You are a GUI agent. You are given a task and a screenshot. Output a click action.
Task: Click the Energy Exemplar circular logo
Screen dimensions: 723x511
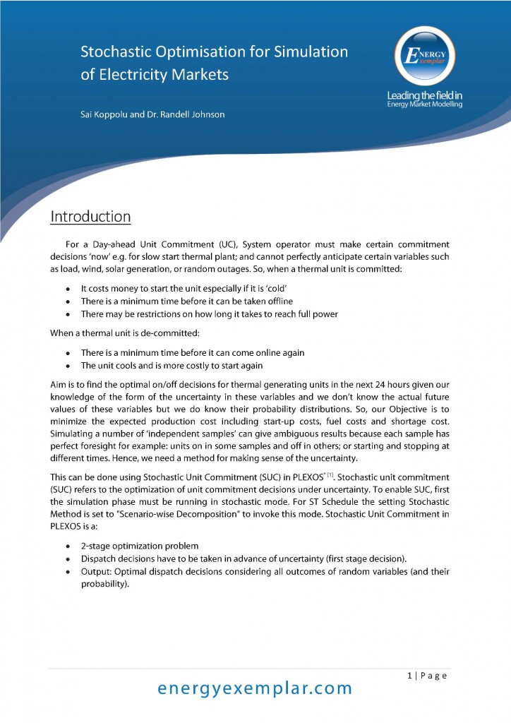(x=424, y=57)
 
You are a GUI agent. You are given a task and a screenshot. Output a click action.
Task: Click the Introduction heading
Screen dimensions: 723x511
(x=90, y=216)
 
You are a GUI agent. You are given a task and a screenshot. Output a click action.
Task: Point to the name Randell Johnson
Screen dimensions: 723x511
(x=192, y=114)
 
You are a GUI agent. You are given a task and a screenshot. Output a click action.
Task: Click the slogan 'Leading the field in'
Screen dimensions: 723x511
(x=425, y=95)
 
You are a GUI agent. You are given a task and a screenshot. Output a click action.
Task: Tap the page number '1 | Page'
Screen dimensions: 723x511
(x=427, y=676)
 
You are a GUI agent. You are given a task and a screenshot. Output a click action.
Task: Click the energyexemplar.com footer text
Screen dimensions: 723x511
(x=254, y=688)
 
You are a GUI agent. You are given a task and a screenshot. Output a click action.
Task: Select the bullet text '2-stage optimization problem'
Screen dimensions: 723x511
(x=140, y=546)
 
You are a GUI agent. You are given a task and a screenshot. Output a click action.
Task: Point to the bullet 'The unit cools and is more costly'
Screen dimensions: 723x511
(x=172, y=365)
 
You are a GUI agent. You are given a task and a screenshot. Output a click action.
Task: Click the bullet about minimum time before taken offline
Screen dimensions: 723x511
(x=186, y=301)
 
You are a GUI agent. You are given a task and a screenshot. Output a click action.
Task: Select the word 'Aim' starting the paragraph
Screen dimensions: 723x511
(x=59, y=386)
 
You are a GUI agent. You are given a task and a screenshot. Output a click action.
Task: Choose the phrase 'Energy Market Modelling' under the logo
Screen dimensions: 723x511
(x=425, y=104)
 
